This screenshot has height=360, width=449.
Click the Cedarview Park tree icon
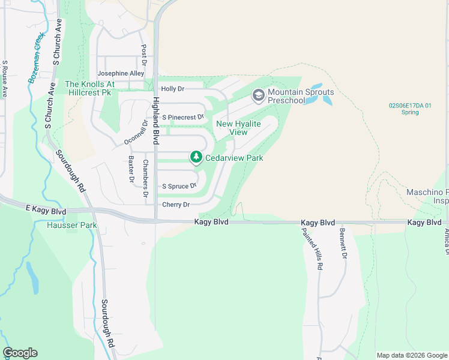(x=196, y=157)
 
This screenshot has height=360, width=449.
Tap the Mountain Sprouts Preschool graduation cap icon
(x=258, y=95)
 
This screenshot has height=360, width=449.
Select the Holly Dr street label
(x=172, y=89)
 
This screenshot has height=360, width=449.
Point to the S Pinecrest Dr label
(x=184, y=117)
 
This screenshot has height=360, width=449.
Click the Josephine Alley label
(x=122, y=73)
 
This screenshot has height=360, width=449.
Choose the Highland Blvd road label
(x=155, y=121)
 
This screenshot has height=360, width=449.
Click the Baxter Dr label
(x=131, y=169)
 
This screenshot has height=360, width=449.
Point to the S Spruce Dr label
(x=179, y=186)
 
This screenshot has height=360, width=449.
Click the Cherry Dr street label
(x=176, y=205)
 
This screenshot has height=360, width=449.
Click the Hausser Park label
(x=71, y=226)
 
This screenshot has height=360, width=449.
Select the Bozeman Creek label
(x=37, y=58)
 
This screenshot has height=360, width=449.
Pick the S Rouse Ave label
(x=4, y=79)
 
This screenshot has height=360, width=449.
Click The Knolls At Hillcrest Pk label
(x=89, y=89)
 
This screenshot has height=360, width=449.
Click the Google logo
(x=20, y=353)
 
